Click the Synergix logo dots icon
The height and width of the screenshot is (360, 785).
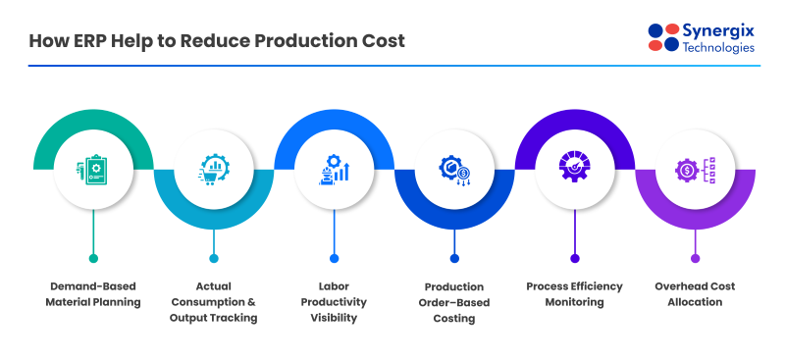(663, 36)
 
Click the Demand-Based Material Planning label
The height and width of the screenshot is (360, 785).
(93, 294)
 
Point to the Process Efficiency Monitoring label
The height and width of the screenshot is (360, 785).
(574, 294)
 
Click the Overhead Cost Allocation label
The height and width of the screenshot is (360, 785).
(695, 294)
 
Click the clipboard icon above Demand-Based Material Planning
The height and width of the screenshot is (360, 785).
(93, 169)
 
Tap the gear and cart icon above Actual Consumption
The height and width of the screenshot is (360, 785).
(213, 169)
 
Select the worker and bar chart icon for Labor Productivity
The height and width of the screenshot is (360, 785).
(334, 169)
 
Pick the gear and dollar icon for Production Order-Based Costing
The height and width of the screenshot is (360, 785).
(454, 169)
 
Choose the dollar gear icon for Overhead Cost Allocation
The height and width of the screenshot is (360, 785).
(695, 169)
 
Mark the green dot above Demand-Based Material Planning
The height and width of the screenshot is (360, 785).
(93, 258)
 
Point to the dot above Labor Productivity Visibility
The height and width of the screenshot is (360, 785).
(334, 258)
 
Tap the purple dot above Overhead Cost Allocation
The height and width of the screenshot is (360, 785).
(695, 258)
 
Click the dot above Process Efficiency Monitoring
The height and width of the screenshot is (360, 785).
(574, 258)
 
